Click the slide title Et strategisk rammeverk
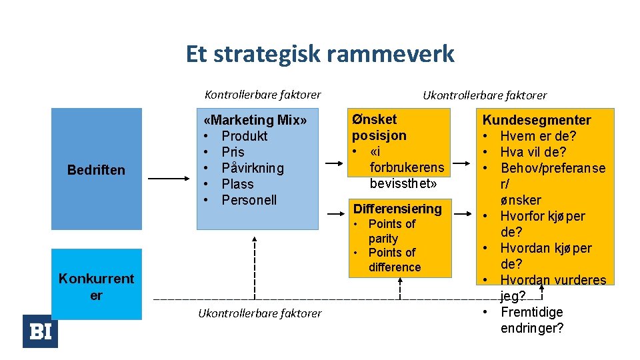[320, 54]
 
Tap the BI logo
[40, 331]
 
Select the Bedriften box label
[96, 170]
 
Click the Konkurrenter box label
[96, 287]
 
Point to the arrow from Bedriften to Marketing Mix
[168, 179]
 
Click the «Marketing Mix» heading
[256, 121]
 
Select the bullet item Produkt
[244, 136]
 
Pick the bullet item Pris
[233, 152]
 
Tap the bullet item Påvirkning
[252, 168]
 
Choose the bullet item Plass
[237, 184]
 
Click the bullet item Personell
[249, 200]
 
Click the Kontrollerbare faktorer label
[263, 95]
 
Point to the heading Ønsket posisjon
[379, 127]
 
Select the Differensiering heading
[397, 209]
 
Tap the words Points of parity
[391, 231]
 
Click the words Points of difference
[394, 260]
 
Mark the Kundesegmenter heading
[537, 120]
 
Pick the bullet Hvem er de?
[538, 136]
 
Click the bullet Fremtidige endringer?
[531, 320]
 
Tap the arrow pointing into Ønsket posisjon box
[337, 162]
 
